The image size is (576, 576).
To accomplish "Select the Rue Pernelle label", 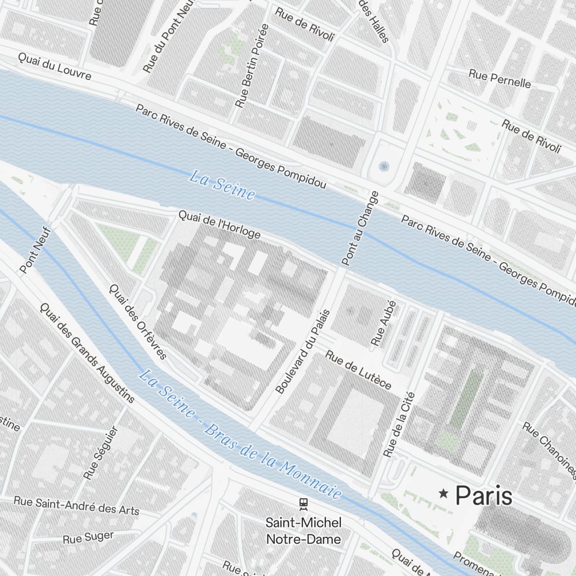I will pos(499,78).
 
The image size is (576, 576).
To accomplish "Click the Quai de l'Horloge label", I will pos(219,225).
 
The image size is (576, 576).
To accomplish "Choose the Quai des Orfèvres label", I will pos(137,321).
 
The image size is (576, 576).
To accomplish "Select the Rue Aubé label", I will pos(384,323).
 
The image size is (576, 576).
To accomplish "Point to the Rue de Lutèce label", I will pos(358,369).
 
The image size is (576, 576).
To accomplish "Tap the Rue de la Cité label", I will pos(399,425).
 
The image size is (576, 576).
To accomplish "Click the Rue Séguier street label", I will pos(100,453).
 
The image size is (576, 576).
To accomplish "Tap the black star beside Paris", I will pos(444,493).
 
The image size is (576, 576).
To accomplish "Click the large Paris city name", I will pos(483,495).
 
